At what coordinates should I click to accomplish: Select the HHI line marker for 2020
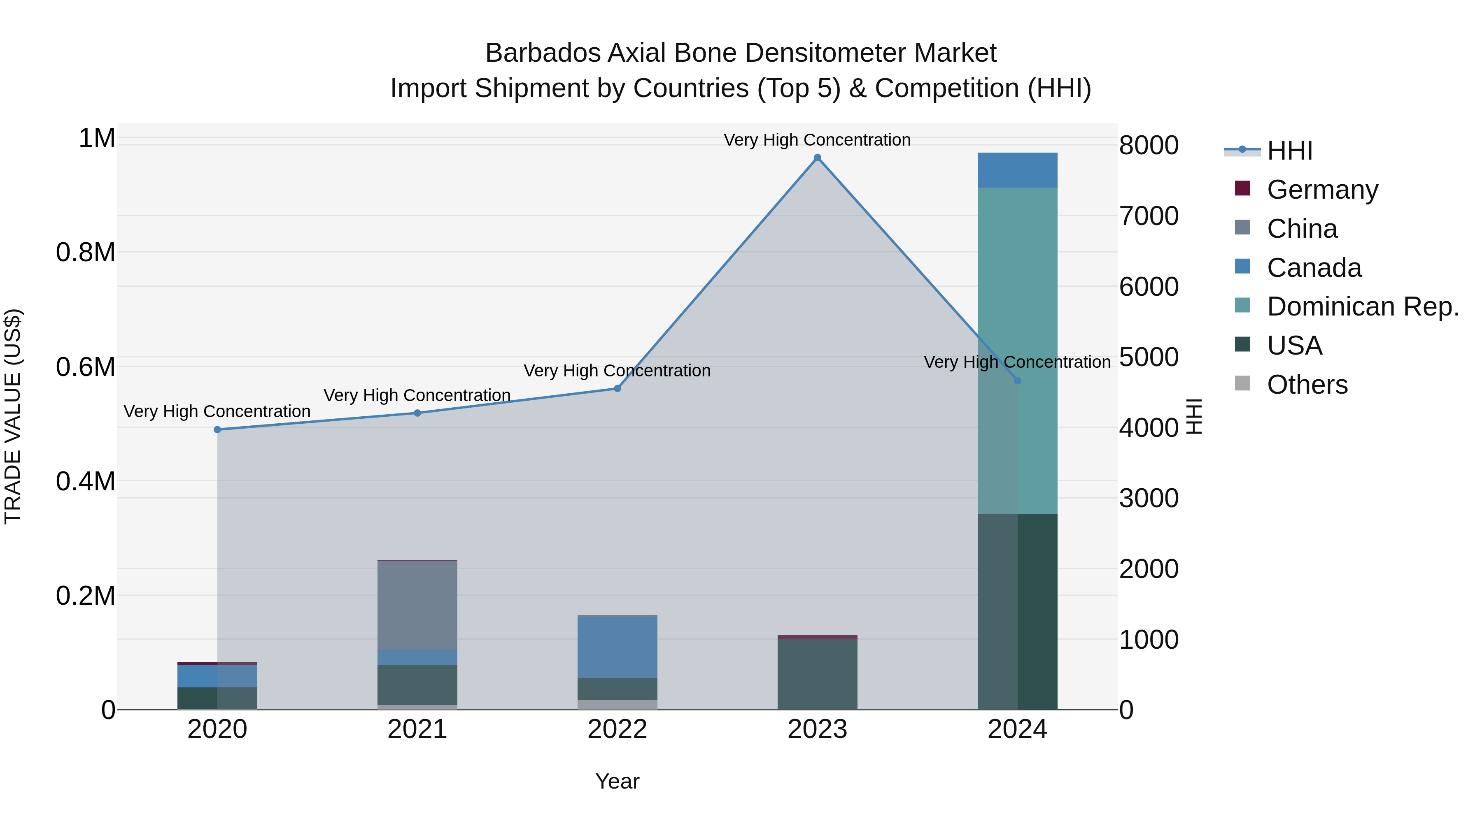click(217, 429)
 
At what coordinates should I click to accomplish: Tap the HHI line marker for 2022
click(617, 389)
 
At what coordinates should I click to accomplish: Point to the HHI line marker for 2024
click(1017, 381)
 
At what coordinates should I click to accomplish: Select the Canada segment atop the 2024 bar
click(1017, 170)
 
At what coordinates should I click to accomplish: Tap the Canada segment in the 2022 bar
click(617, 647)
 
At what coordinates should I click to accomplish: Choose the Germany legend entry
click(1322, 190)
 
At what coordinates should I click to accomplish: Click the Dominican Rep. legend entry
click(1362, 306)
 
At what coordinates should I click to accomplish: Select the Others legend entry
click(1307, 385)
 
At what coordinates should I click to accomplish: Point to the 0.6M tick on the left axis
click(86, 367)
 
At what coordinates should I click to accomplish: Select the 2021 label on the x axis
click(417, 729)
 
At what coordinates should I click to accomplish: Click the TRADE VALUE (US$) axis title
click(13, 416)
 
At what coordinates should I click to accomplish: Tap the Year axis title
click(617, 781)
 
